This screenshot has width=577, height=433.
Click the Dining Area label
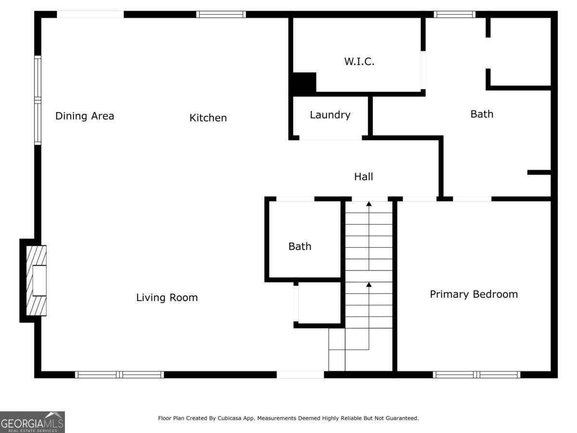click(85, 116)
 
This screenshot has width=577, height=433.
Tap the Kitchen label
click(208, 118)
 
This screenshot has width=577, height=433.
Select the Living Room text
click(167, 298)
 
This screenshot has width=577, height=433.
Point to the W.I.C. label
click(359, 62)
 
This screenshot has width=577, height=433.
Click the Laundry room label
click(330, 115)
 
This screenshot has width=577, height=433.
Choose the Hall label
click(364, 177)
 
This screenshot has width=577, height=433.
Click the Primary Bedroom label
click(474, 294)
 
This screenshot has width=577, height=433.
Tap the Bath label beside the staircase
click(300, 246)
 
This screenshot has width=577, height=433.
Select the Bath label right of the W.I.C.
click(481, 114)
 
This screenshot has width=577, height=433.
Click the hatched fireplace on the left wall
click(37, 280)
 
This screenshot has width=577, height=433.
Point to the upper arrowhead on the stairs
click(369, 204)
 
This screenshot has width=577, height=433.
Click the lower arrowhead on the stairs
click(369, 285)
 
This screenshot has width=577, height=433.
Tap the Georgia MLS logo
click(32, 422)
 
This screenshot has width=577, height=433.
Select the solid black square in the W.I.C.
click(304, 83)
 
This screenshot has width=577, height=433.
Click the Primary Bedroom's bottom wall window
click(477, 374)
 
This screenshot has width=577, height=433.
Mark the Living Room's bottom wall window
click(119, 374)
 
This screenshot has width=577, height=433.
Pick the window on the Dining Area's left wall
click(38, 100)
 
